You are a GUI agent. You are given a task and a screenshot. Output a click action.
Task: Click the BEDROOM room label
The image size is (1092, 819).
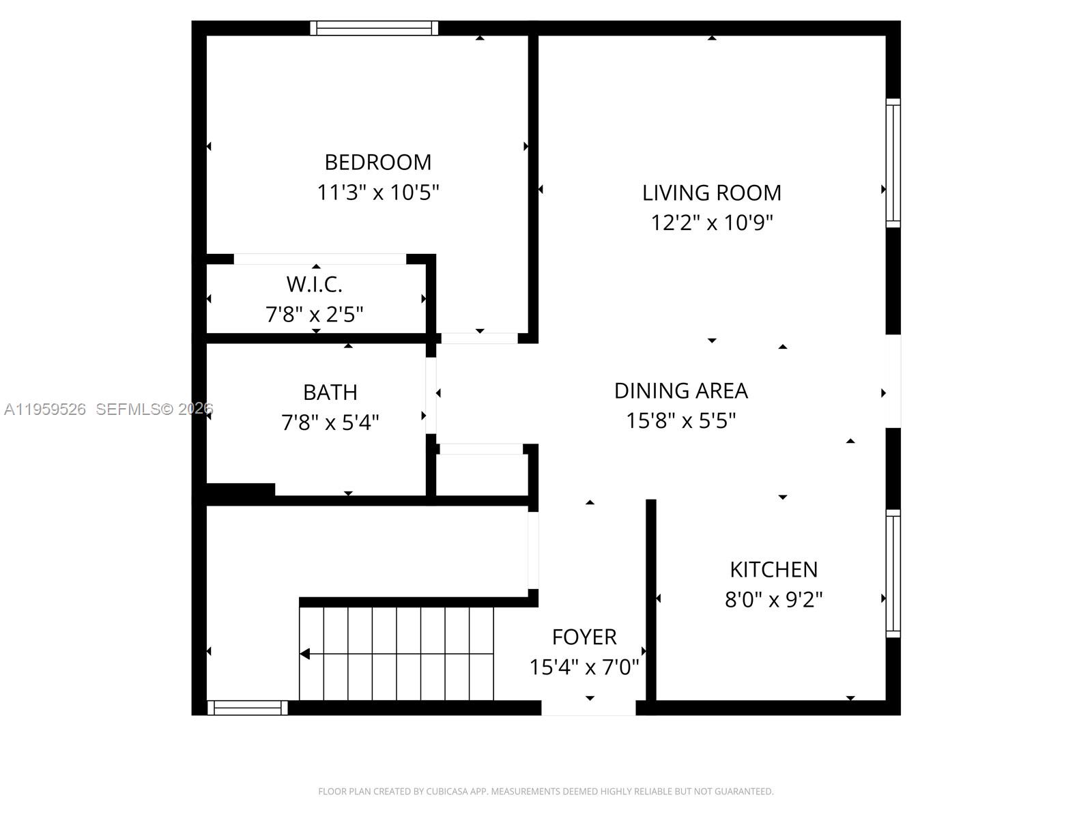tap(377, 162)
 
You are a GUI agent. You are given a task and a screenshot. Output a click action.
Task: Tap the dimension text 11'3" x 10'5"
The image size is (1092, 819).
tap(377, 192)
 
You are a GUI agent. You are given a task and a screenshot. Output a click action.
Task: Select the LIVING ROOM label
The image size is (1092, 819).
tap(711, 193)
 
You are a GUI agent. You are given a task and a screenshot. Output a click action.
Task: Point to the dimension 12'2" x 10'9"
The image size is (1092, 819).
tap(711, 223)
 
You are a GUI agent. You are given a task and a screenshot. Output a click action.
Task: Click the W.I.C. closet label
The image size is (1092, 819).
tap(314, 284)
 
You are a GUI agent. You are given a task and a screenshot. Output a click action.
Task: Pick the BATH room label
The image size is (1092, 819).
tap(330, 392)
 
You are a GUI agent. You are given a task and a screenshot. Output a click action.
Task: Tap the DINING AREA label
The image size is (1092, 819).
tap(681, 391)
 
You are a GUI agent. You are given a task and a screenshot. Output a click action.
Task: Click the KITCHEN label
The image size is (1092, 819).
tap(773, 570)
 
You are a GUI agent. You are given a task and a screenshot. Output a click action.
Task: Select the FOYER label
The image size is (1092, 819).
tap(584, 637)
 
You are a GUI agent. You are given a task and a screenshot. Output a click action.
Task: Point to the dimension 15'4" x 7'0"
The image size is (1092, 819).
tap(584, 667)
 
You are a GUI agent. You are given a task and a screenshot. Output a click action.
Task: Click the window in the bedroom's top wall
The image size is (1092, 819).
tap(374, 28)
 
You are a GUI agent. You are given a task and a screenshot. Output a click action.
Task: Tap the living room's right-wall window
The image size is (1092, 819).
tap(893, 162)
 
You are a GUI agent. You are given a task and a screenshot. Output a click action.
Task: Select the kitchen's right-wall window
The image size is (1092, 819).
tap(893, 573)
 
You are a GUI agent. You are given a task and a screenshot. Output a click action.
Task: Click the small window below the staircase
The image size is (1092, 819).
tap(247, 708)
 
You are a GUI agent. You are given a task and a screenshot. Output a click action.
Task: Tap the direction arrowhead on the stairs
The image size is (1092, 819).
tap(305, 655)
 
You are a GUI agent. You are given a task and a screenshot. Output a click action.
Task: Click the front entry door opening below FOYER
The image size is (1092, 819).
tap(588, 708)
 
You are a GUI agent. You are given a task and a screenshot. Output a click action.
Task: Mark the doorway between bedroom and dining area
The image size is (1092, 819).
tap(479, 339)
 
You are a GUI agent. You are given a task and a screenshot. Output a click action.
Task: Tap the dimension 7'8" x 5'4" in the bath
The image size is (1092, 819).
tap(330, 423)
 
